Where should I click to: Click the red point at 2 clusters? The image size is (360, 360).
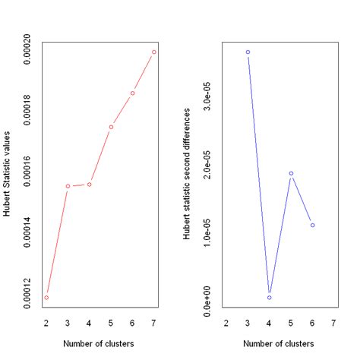click(46, 297)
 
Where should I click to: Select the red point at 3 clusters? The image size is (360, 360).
click(68, 186)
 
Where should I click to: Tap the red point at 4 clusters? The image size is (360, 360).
click(90, 185)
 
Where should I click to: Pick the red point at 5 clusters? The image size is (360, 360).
click(111, 127)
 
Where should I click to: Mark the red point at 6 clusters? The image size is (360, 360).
click(132, 93)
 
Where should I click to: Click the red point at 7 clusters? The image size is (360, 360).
click(154, 52)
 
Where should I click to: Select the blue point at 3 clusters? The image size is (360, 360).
click(248, 52)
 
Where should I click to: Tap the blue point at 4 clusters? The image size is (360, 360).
click(270, 297)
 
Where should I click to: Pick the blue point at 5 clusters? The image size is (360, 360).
click(291, 173)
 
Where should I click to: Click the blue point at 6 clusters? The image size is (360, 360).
click(312, 225)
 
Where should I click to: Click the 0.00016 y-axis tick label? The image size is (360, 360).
click(27, 174)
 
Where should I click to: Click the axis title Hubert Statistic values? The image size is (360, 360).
click(7, 175)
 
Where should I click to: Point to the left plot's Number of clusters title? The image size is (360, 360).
click(100, 345)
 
